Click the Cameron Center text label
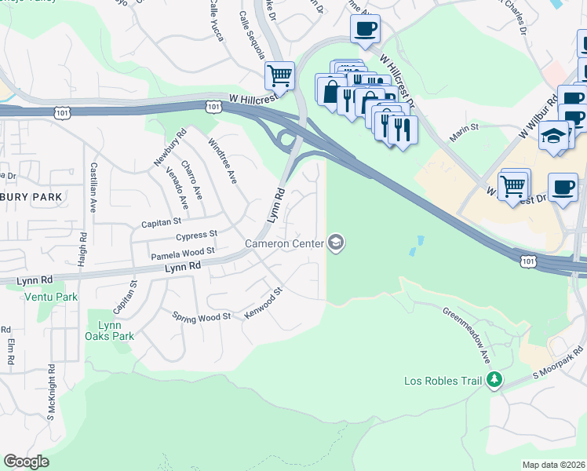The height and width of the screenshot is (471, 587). [x=285, y=243]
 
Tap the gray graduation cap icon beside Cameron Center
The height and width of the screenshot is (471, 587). [x=336, y=243]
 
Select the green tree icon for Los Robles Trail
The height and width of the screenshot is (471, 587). [x=494, y=381]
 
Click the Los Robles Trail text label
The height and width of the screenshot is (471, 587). [x=442, y=382]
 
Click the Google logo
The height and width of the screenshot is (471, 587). [x=26, y=461]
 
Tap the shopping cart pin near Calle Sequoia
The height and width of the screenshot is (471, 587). [x=279, y=76]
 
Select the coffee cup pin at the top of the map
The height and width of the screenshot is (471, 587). [x=365, y=30]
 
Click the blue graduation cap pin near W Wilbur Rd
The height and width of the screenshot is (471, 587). [x=553, y=135]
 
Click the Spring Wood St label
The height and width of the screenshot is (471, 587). [x=202, y=316]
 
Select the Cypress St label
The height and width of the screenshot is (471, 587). [x=197, y=235]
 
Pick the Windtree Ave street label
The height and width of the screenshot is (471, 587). [x=222, y=161]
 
